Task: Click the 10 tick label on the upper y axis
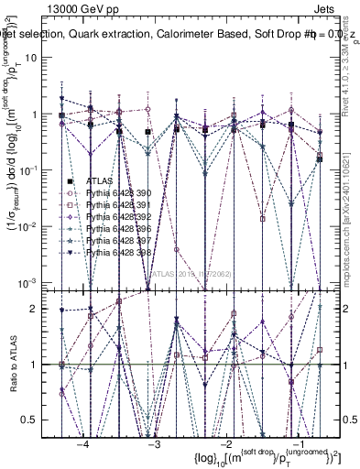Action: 38,58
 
